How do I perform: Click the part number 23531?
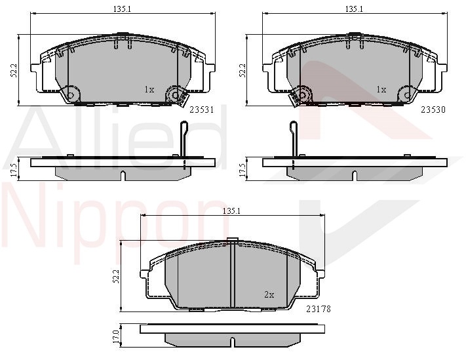(202, 110)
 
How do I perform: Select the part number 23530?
(433, 110)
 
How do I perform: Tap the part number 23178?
(319, 309)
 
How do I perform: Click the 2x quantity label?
(269, 294)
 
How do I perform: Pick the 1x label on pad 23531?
(149, 89)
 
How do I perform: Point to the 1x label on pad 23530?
(381, 89)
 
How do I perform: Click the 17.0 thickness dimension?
(116, 336)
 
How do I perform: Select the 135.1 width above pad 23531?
(122, 9)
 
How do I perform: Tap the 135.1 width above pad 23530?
(354, 9)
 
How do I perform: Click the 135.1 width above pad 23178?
(231, 210)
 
